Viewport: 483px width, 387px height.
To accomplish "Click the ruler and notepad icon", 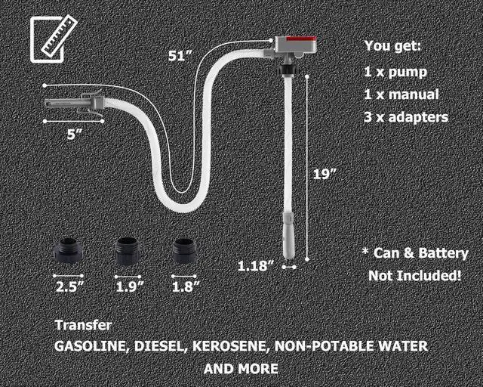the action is (x=50, y=38).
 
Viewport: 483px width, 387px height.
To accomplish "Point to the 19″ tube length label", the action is (x=325, y=173).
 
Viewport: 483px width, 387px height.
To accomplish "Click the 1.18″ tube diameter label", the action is (x=254, y=266).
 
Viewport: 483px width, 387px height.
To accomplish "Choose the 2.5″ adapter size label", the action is (x=70, y=286).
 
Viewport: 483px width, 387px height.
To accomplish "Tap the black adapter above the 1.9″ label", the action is (x=127, y=250).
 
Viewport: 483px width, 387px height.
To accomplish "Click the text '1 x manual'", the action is (x=401, y=95).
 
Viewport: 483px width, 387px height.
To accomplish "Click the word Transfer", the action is (x=83, y=325).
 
